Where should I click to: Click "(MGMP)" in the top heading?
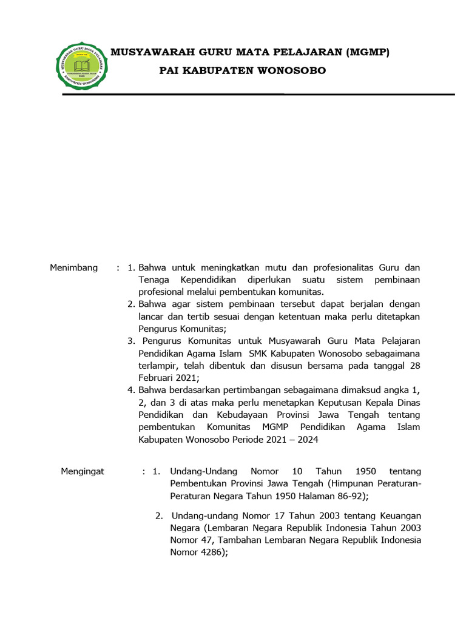click(367, 53)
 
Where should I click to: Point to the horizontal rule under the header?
click(258, 95)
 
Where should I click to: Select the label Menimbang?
click(73, 267)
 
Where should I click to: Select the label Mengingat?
click(83, 471)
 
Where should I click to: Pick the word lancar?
click(150, 317)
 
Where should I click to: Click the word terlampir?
click(157, 365)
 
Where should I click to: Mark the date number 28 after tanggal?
click(415, 365)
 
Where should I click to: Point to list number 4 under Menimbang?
click(130, 390)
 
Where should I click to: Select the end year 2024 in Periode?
click(306, 440)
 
